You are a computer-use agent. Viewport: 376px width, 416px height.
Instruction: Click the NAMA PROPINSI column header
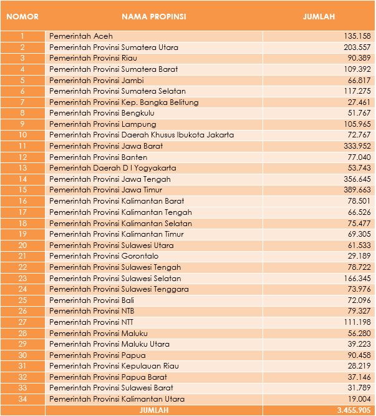(x=153, y=17)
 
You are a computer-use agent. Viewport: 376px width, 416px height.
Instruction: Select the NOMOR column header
(x=22, y=17)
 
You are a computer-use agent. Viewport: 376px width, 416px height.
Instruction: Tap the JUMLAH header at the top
(x=319, y=17)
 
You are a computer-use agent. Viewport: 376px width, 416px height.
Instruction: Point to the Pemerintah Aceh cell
(x=77, y=36)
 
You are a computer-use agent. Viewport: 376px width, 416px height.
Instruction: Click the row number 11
(x=22, y=146)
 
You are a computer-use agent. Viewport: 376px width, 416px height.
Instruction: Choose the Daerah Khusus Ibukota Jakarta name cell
(x=142, y=135)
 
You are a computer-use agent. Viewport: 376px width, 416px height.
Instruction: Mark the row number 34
(x=22, y=399)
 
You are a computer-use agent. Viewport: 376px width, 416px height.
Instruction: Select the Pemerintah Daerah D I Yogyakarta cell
(x=113, y=168)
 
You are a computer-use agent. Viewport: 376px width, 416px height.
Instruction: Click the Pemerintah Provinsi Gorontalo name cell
(x=104, y=256)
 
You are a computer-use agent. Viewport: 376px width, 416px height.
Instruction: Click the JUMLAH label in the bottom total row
(x=153, y=410)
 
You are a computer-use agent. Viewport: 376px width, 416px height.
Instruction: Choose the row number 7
(x=22, y=102)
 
